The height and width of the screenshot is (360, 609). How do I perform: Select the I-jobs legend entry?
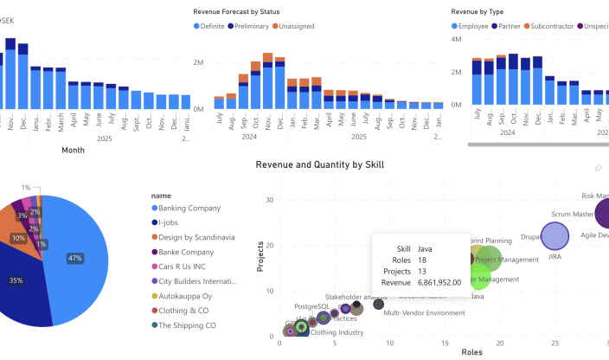pos(173,222)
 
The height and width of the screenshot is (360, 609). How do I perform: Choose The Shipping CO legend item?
pos(186,325)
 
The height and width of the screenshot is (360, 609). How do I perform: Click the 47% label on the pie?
pos(75,258)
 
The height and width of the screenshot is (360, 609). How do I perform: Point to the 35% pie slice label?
pos(16,280)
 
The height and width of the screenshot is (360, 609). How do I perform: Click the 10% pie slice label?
pos(17,238)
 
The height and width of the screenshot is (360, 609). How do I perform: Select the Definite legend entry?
pos(212,26)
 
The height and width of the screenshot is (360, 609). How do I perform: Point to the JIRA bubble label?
pos(555,256)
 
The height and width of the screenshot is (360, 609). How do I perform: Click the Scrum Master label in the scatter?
pos(572,214)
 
